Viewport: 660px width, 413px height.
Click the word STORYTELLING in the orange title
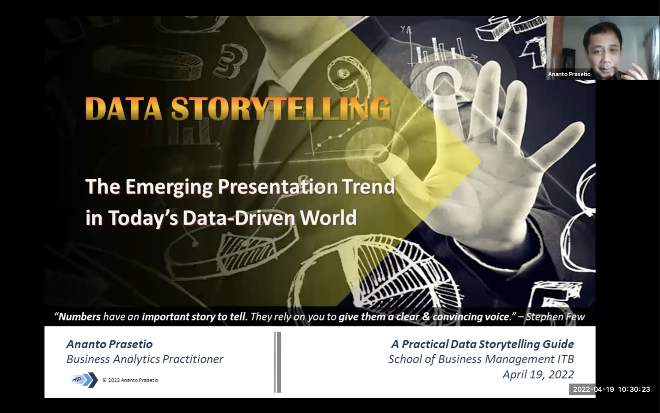[x=281, y=109]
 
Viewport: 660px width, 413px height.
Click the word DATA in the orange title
[x=124, y=109]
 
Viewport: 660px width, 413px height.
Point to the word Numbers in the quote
[x=79, y=316]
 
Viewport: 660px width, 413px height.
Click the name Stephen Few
[x=555, y=316]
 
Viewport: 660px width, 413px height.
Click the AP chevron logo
[x=84, y=380]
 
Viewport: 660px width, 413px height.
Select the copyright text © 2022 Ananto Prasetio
[x=130, y=380]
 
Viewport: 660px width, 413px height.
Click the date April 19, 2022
[x=538, y=375]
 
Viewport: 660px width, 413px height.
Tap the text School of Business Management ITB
[x=481, y=359]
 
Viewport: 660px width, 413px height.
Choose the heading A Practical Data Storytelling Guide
[x=483, y=344]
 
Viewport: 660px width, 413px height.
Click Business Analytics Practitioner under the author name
[x=145, y=359]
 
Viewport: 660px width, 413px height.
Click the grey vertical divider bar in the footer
[x=278, y=362]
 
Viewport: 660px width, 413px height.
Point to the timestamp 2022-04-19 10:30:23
[x=611, y=389]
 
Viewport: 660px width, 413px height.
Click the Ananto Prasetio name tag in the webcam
[x=569, y=74]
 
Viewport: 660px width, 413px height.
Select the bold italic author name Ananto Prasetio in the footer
[x=110, y=344]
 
